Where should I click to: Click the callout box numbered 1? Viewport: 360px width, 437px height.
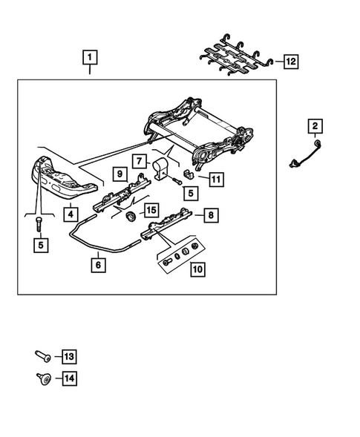pos(90,56)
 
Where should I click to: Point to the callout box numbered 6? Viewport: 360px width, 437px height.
pos(96,263)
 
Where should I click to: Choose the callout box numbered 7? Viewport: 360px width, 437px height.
pos(139,160)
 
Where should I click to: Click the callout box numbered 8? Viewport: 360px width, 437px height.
pos(211,215)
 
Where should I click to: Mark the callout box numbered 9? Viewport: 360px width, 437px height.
pos(120,174)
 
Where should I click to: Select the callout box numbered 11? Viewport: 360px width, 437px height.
pos(215,179)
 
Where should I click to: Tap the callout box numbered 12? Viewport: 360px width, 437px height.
pos(289,62)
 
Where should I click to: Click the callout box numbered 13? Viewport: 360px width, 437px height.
pos(69,357)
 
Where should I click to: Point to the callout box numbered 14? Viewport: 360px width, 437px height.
pos(69,379)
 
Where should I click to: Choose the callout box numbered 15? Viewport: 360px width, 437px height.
pos(151,211)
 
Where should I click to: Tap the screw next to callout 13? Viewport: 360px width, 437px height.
pos(43,357)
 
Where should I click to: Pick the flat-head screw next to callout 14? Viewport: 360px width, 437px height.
pos(43,379)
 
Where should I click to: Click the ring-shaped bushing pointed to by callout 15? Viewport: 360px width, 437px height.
pos(130,215)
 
